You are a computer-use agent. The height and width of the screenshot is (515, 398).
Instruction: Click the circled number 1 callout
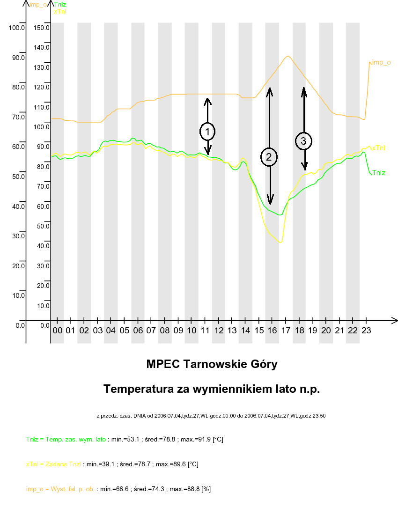207,132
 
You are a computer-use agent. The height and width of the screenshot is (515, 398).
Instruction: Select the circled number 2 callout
269,157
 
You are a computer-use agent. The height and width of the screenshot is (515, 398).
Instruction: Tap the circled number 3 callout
303,140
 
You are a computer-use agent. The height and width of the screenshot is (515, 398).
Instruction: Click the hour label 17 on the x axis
286,331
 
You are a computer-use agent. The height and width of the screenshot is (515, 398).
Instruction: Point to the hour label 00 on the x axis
57,331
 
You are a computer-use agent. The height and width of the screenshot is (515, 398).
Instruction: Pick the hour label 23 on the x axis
367,331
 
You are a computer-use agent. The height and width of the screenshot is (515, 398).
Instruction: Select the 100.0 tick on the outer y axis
16,28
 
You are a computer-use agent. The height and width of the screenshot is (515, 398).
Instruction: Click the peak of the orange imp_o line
288,57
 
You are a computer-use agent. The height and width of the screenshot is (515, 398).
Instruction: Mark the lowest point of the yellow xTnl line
280,243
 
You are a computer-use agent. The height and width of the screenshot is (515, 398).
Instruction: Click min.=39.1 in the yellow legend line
101,464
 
